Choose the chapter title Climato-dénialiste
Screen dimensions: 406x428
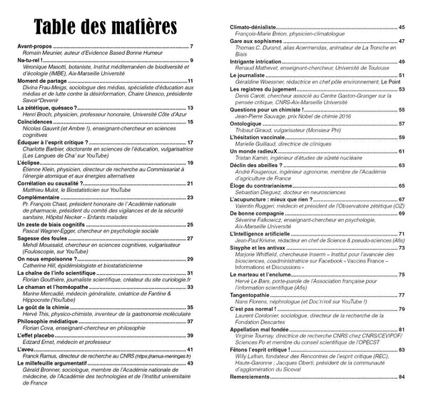(253, 26)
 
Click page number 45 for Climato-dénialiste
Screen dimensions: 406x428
(402, 26)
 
